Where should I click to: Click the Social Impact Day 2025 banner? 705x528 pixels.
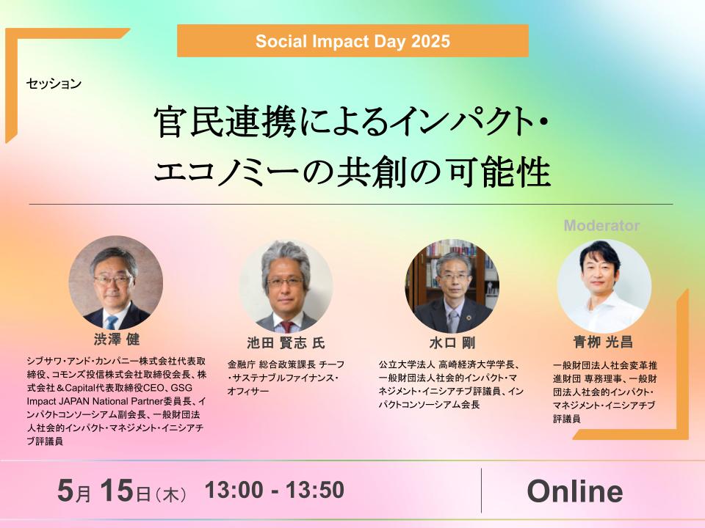tap(352, 41)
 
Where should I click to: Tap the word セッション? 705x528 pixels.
tap(54, 84)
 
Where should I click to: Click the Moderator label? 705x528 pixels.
tap(601, 225)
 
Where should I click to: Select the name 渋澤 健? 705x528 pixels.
tap(117, 339)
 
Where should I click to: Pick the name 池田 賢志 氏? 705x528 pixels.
tap(286, 343)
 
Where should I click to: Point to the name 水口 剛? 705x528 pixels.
tap(452, 343)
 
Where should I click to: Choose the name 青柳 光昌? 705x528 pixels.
tap(603, 342)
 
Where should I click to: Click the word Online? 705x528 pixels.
tap(575, 491)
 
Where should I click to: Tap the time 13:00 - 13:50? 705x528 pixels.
tap(274, 489)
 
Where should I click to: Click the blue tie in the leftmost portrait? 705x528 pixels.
tap(111, 322)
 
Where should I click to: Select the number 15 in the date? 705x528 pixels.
tap(117, 490)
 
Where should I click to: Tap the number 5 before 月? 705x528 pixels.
tap(65, 490)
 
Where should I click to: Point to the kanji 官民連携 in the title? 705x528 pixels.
tap(225, 122)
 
